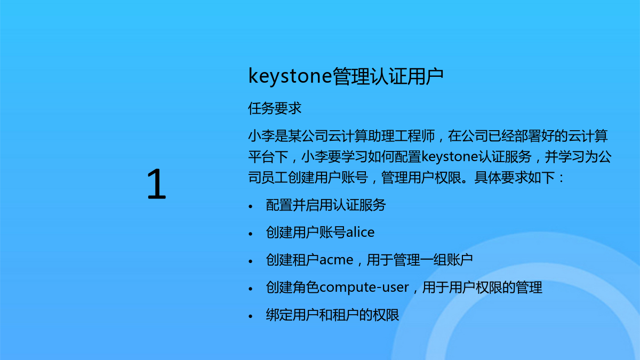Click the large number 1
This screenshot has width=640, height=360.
[x=157, y=184]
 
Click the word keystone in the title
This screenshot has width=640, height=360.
[x=290, y=77]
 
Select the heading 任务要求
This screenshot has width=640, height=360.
[x=275, y=108]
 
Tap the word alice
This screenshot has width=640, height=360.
[x=360, y=232]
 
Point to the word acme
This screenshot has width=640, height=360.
[x=336, y=260]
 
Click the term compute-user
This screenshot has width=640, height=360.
[x=364, y=287]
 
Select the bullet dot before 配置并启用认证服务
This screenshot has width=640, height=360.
[x=251, y=206]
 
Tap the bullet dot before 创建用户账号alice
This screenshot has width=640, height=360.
[x=251, y=234]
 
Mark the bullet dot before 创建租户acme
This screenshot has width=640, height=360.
[x=251, y=261]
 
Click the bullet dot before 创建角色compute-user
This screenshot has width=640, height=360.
[x=251, y=289]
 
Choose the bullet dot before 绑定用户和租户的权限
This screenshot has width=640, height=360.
[x=251, y=316]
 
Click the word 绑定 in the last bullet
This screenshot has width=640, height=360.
[x=279, y=315]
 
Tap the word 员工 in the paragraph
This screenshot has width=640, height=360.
[x=275, y=178]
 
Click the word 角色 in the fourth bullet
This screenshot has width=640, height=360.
[x=306, y=287]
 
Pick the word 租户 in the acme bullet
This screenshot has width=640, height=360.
[x=306, y=260]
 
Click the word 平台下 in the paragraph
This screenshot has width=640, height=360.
[x=268, y=157]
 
